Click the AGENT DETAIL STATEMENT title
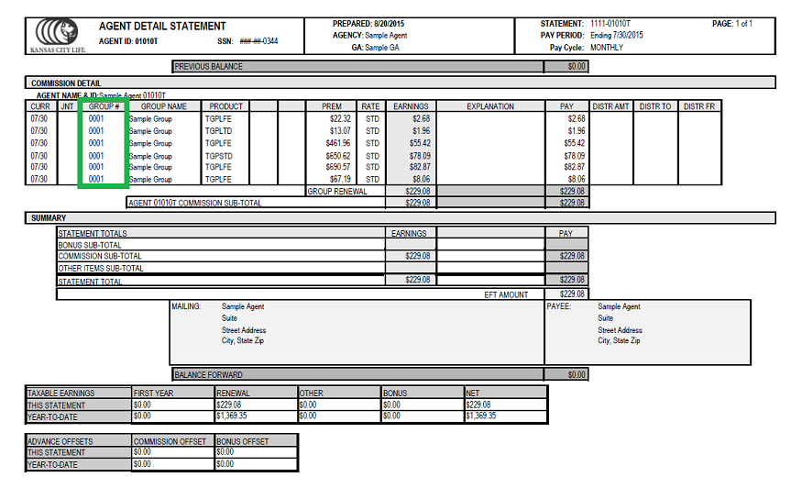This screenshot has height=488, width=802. pos(161,26)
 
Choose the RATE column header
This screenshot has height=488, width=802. pos(370,106)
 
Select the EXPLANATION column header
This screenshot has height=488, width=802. pos(490,106)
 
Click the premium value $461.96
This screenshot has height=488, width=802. pos(334,143)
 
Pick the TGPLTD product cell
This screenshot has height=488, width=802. pos(218,131)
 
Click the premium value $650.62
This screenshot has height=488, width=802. pos(334,156)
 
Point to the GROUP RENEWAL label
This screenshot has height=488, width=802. pos(337,192)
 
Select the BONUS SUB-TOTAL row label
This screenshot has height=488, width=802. pos(91,245)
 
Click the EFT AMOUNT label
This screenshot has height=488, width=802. pos(506,294)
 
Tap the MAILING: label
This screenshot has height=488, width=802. pos(186,307)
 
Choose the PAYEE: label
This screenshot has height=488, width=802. pos(558,307)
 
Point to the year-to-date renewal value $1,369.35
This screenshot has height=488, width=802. pos(232,416)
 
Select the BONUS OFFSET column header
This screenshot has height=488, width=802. pos(243,441)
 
